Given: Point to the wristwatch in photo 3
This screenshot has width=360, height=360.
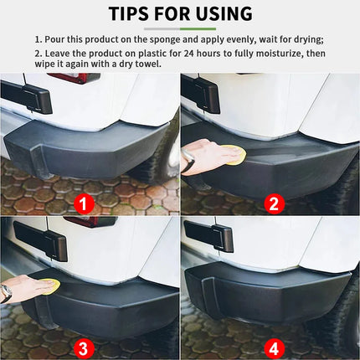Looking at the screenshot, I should point(7,293).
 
